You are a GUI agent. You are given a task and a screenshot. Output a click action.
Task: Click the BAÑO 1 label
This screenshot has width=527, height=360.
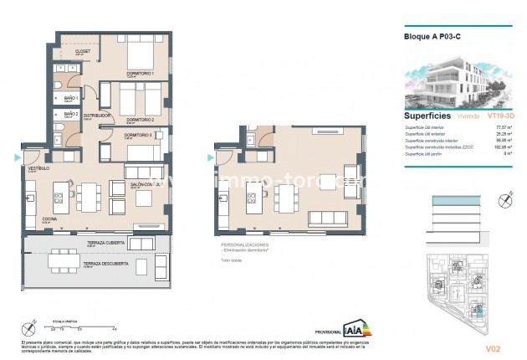coord(71,98)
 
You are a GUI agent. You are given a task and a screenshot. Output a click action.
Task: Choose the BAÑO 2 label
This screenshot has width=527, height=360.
coord(70,114)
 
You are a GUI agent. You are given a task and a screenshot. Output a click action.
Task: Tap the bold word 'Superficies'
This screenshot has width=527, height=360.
coord(428,116)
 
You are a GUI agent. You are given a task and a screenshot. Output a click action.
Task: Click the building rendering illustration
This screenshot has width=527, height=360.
coord(455,81)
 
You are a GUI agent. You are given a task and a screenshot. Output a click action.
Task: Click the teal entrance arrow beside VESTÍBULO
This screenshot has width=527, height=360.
coord(18,157)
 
